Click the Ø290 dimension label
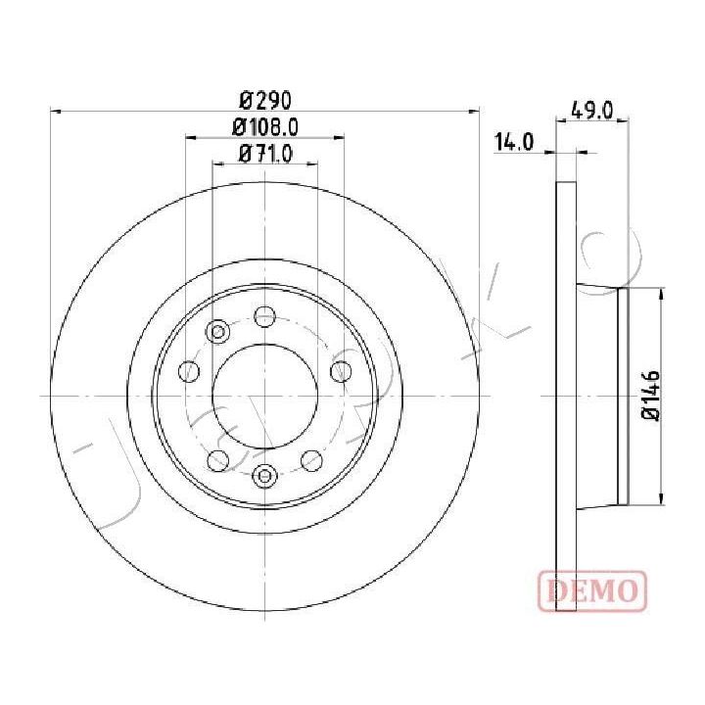tap(265, 100)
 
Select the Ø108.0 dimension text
tap(265, 127)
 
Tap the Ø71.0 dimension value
tap(265, 155)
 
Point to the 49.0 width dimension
tap(592, 111)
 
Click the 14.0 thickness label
tap(514, 142)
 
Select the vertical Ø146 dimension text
tap(650, 396)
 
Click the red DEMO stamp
tap(592, 590)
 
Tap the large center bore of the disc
tap(265, 397)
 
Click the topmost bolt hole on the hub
tap(264, 316)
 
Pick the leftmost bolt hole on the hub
tap(189, 371)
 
